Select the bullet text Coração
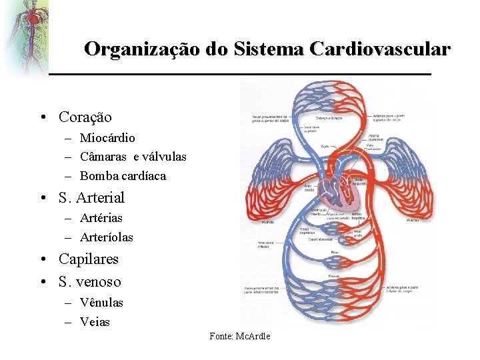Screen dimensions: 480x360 point(85,117)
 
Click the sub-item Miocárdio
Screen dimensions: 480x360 point(107,138)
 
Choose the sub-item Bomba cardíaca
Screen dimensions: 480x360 point(123,177)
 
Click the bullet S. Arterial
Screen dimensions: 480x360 point(91,197)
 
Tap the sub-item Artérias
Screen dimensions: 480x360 point(101,218)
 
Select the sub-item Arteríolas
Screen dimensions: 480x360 point(107,237)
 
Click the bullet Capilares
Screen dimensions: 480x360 point(89,259)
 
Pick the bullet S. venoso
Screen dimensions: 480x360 point(90,281)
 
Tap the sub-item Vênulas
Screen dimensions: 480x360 point(101,303)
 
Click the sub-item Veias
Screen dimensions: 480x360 point(95,322)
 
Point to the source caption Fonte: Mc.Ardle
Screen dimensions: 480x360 point(240,336)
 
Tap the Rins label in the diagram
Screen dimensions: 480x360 point(335,253)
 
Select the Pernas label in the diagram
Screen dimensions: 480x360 point(335,275)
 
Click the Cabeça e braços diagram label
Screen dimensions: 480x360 point(327,119)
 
